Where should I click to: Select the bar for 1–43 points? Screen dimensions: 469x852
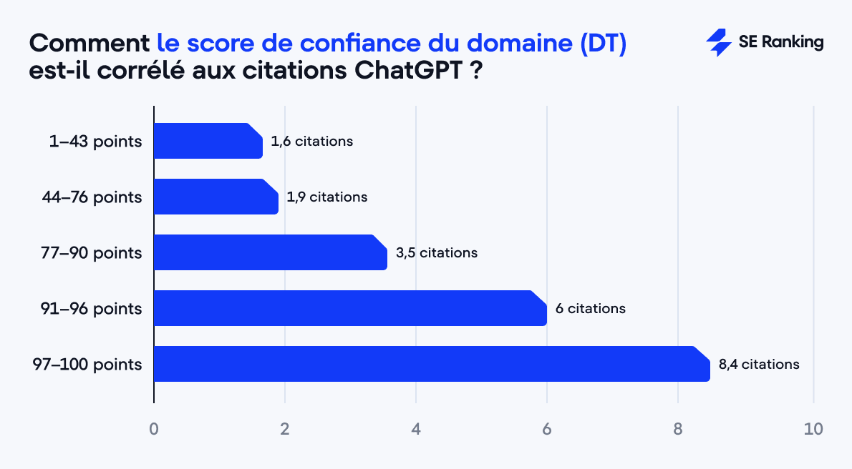click(x=208, y=141)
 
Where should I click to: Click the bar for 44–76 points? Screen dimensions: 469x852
click(x=216, y=197)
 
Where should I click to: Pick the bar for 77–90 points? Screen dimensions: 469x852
click(x=270, y=252)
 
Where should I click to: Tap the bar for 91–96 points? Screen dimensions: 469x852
click(x=349, y=308)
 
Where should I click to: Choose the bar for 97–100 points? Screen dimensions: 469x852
click(x=431, y=364)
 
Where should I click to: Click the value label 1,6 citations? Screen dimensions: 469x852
click(x=312, y=141)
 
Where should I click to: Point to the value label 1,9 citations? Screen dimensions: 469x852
click(x=326, y=197)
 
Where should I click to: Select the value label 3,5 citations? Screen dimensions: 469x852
click(x=437, y=252)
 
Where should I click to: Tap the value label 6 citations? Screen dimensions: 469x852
click(x=590, y=308)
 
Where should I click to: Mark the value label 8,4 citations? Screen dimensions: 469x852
click(x=759, y=364)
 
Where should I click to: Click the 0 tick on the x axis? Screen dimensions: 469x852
click(x=154, y=430)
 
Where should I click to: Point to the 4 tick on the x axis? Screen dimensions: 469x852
click(x=416, y=430)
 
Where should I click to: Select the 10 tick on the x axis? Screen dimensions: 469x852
click(x=813, y=430)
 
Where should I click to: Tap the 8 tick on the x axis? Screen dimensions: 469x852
click(x=678, y=430)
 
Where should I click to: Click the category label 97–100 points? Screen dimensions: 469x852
click(x=87, y=365)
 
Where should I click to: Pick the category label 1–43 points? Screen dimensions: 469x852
click(x=95, y=142)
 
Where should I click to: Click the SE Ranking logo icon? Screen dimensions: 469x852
click(x=718, y=43)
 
